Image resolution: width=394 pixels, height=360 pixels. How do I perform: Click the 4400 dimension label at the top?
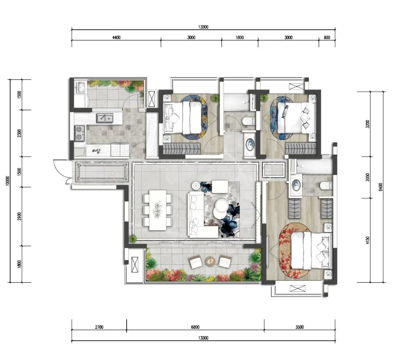(x=116, y=38)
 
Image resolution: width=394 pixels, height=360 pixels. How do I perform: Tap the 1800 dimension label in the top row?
(x=240, y=38)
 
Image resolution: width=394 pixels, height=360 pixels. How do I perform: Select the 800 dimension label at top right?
(x=327, y=38)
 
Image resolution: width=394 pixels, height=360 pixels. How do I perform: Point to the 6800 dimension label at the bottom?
(x=195, y=327)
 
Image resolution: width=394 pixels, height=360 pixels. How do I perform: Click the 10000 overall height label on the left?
(x=8, y=181)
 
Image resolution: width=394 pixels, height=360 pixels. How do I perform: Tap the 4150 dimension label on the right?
(x=368, y=240)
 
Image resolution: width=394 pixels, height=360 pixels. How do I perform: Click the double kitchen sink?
(x=105, y=118)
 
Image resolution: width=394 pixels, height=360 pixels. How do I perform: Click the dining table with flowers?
(x=158, y=210)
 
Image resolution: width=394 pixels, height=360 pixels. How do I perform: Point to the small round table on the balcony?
(x=210, y=261)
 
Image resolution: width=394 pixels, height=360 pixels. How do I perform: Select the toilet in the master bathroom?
(x=326, y=185)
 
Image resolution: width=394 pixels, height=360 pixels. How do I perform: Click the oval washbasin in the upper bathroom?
(x=250, y=145)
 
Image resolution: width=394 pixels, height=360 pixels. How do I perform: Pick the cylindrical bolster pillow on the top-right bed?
(x=286, y=111)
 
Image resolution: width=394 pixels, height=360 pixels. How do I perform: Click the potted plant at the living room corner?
(x=132, y=238)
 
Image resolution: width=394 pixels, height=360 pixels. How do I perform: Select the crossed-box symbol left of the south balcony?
(x=135, y=265)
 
